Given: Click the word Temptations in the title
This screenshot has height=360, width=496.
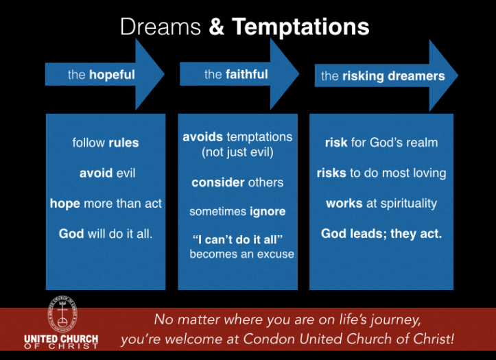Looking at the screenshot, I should (300, 27).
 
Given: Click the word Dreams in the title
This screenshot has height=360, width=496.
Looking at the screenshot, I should (160, 27).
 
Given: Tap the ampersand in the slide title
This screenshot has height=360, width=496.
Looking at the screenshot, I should (216, 27).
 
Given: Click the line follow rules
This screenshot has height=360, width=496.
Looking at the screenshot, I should (106, 143).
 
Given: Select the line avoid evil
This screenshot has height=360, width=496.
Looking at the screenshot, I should (107, 173).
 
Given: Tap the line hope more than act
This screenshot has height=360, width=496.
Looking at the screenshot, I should (105, 204).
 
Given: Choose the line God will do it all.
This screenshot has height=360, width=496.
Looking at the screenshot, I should (106, 234).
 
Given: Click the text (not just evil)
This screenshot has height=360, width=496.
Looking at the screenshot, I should (237, 152).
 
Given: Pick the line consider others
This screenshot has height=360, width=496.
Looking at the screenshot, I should (237, 182).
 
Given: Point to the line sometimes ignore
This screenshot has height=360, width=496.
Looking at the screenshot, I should (237, 212).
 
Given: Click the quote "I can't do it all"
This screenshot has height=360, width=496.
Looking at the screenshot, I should (238, 239).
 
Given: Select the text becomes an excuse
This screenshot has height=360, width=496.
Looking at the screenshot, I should (241, 254).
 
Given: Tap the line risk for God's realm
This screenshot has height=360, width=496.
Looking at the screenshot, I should (381, 143).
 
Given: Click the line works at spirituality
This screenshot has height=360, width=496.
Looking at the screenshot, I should (381, 204).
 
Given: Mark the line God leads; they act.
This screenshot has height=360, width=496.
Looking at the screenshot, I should (381, 234).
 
